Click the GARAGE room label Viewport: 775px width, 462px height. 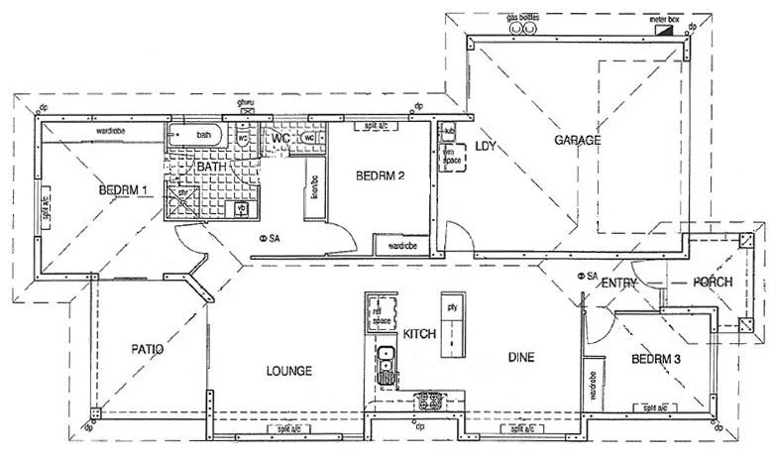point(577,140)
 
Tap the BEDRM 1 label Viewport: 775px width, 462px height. point(123,189)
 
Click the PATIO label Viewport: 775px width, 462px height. point(147,349)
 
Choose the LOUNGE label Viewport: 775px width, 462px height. point(289,371)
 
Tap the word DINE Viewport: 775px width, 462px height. point(522,357)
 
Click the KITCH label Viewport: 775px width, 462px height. point(419,335)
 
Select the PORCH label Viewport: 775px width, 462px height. point(714,283)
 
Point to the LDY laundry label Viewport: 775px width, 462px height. point(485,146)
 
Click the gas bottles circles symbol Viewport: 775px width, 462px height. point(522,29)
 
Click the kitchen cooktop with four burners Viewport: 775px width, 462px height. point(428,401)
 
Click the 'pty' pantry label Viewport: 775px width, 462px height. point(451,306)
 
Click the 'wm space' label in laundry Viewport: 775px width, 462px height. point(451,156)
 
